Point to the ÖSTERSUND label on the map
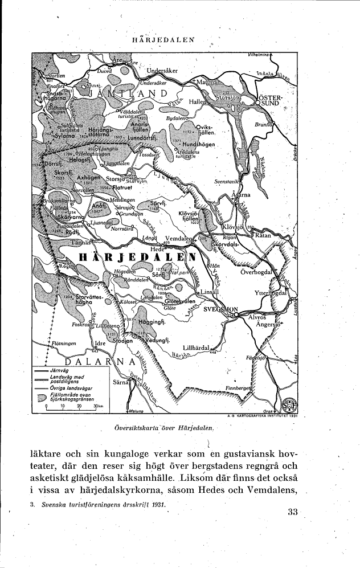268,100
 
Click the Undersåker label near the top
163,71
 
